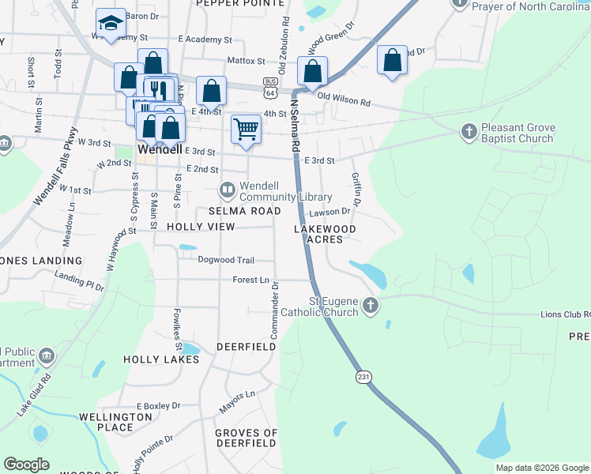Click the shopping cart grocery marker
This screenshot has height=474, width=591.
tap(247, 129)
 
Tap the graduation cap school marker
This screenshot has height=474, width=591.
tap(111, 23)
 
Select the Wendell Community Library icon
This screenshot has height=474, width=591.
tap(228, 189)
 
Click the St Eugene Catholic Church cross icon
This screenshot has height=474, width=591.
tap(370, 305)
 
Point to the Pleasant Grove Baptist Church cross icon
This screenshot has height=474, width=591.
tap(468, 130)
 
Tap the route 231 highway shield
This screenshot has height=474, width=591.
tap(363, 378)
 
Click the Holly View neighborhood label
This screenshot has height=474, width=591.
tap(201, 227)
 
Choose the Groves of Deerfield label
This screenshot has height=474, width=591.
tap(247, 438)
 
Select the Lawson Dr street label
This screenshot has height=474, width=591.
tap(329, 212)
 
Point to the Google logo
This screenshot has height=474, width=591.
tap(27, 465)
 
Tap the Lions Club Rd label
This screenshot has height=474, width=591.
tap(564, 314)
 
